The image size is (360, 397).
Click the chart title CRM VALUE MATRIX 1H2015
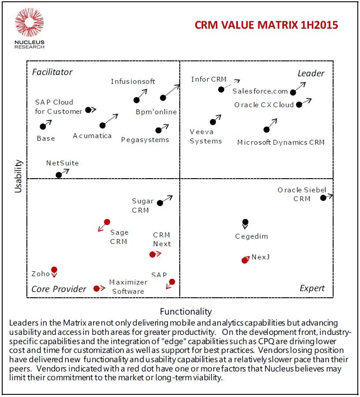(266, 25)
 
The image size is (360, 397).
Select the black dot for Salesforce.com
(293, 92)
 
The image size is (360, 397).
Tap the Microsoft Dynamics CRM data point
(266, 129)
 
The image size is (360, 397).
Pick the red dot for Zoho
(54, 270)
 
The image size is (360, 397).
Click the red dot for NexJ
(245, 260)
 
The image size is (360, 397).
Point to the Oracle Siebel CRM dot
(323, 198)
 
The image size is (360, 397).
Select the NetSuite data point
(59, 175)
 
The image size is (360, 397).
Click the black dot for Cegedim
(245, 222)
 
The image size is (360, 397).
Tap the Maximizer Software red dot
(96, 288)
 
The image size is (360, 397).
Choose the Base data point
(43, 127)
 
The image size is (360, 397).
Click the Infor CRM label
(208, 79)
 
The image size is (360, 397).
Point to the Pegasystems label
(145, 140)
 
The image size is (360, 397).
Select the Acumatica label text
(92, 136)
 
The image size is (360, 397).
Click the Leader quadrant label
(311, 73)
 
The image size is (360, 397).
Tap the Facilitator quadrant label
(52, 72)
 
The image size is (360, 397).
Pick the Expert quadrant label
(312, 288)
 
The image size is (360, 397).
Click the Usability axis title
(18, 176)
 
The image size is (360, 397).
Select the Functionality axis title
(186, 311)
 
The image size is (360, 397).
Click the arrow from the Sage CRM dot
(101, 228)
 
